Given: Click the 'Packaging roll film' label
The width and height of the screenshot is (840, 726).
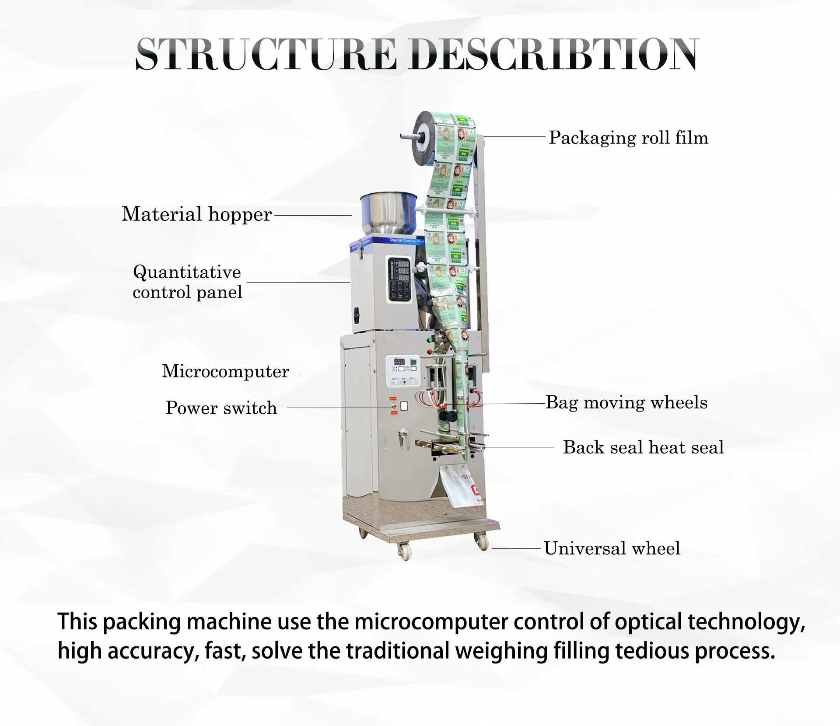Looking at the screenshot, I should (628, 138).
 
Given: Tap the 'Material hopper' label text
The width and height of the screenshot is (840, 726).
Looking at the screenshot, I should (196, 215).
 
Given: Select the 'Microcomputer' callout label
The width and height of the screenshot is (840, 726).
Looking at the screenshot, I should (225, 371).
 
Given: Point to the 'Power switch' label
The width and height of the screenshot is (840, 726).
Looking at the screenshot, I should (221, 408).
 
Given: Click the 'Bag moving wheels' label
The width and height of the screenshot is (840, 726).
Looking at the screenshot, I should (626, 402).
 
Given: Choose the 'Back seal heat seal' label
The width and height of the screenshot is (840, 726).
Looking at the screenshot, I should (643, 447).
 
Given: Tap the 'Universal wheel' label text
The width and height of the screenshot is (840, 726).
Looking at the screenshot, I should (612, 548).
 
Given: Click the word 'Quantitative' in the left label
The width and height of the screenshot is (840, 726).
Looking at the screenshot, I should (187, 272).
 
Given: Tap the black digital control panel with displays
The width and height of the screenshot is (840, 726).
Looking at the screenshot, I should (399, 279).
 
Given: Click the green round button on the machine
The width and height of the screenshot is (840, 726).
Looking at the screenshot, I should (429, 339).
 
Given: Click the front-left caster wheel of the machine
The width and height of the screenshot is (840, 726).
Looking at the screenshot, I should (405, 552).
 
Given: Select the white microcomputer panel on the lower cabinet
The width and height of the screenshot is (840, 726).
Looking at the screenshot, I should (402, 371).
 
